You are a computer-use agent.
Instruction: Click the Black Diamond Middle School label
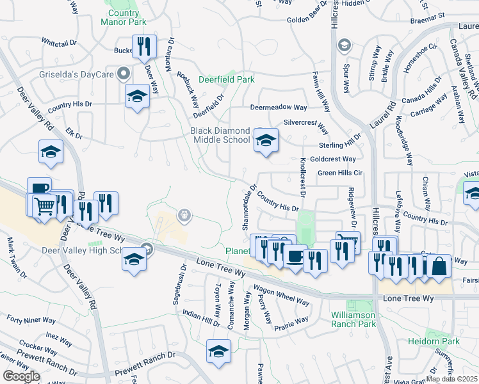click(220, 135)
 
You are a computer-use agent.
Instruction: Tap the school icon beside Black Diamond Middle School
click(266, 140)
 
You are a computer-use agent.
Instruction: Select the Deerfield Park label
click(226, 79)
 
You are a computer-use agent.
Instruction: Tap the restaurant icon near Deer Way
click(144, 46)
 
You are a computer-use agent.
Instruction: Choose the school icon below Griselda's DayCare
click(137, 96)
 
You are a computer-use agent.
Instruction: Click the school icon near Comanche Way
click(218, 351)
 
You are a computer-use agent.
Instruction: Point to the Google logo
click(21, 376)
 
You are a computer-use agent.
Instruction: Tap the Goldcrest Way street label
click(332, 159)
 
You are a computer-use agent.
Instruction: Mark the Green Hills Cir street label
click(340, 173)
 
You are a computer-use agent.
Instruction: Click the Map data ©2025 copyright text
click(453, 379)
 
